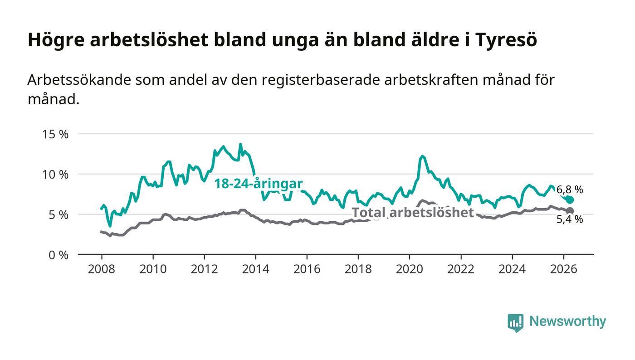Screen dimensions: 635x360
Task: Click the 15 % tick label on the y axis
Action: pos(55,134)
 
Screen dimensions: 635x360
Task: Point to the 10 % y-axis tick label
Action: pos(55,175)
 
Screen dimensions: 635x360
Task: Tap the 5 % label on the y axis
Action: pos(59,215)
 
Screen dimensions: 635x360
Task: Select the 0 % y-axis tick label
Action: pos(59,255)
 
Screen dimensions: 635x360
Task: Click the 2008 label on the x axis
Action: pos(102,269)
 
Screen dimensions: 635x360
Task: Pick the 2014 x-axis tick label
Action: pos(255,269)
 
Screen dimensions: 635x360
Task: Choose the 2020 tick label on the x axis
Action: pos(409,269)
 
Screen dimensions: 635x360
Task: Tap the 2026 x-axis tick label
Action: pos(563,269)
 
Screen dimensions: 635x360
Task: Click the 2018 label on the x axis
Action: pos(358,269)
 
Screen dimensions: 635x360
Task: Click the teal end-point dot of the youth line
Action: pos(570,200)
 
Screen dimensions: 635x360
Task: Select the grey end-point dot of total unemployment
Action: pos(570,211)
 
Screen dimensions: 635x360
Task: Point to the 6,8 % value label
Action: pos(570,190)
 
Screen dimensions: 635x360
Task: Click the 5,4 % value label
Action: pos(570,219)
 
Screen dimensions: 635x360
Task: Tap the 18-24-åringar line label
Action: pos(259,184)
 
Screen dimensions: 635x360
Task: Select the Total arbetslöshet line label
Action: pos(413,212)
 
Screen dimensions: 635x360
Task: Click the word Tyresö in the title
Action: pos(506,40)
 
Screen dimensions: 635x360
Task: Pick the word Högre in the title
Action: pos(56,40)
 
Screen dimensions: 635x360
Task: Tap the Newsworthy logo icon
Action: pos(515,323)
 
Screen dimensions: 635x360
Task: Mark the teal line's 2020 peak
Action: pos(422,156)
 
